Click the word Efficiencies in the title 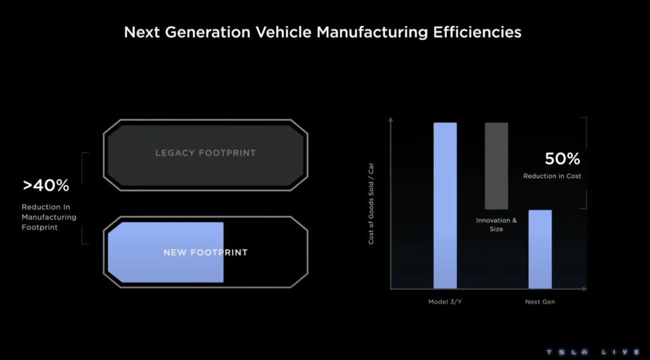pos(477,32)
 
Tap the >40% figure pos(46,186)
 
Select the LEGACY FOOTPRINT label pos(206,153)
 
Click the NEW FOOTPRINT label pos(206,253)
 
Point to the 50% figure pos(562,159)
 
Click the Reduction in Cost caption pos(552,176)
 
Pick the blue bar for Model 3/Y pos(445,205)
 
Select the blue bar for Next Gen pos(540,250)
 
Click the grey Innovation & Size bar pos(496,166)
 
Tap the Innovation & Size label pos(496,224)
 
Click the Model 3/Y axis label pos(445,302)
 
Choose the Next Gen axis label pos(540,302)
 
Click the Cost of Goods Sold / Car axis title pos(371,204)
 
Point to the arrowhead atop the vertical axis pos(390,119)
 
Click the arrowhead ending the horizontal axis pos(585,289)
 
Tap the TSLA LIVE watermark pos(594,352)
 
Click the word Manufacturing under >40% pos(49,217)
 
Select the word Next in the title pos(142,32)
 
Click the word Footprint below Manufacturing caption pos(39,227)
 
